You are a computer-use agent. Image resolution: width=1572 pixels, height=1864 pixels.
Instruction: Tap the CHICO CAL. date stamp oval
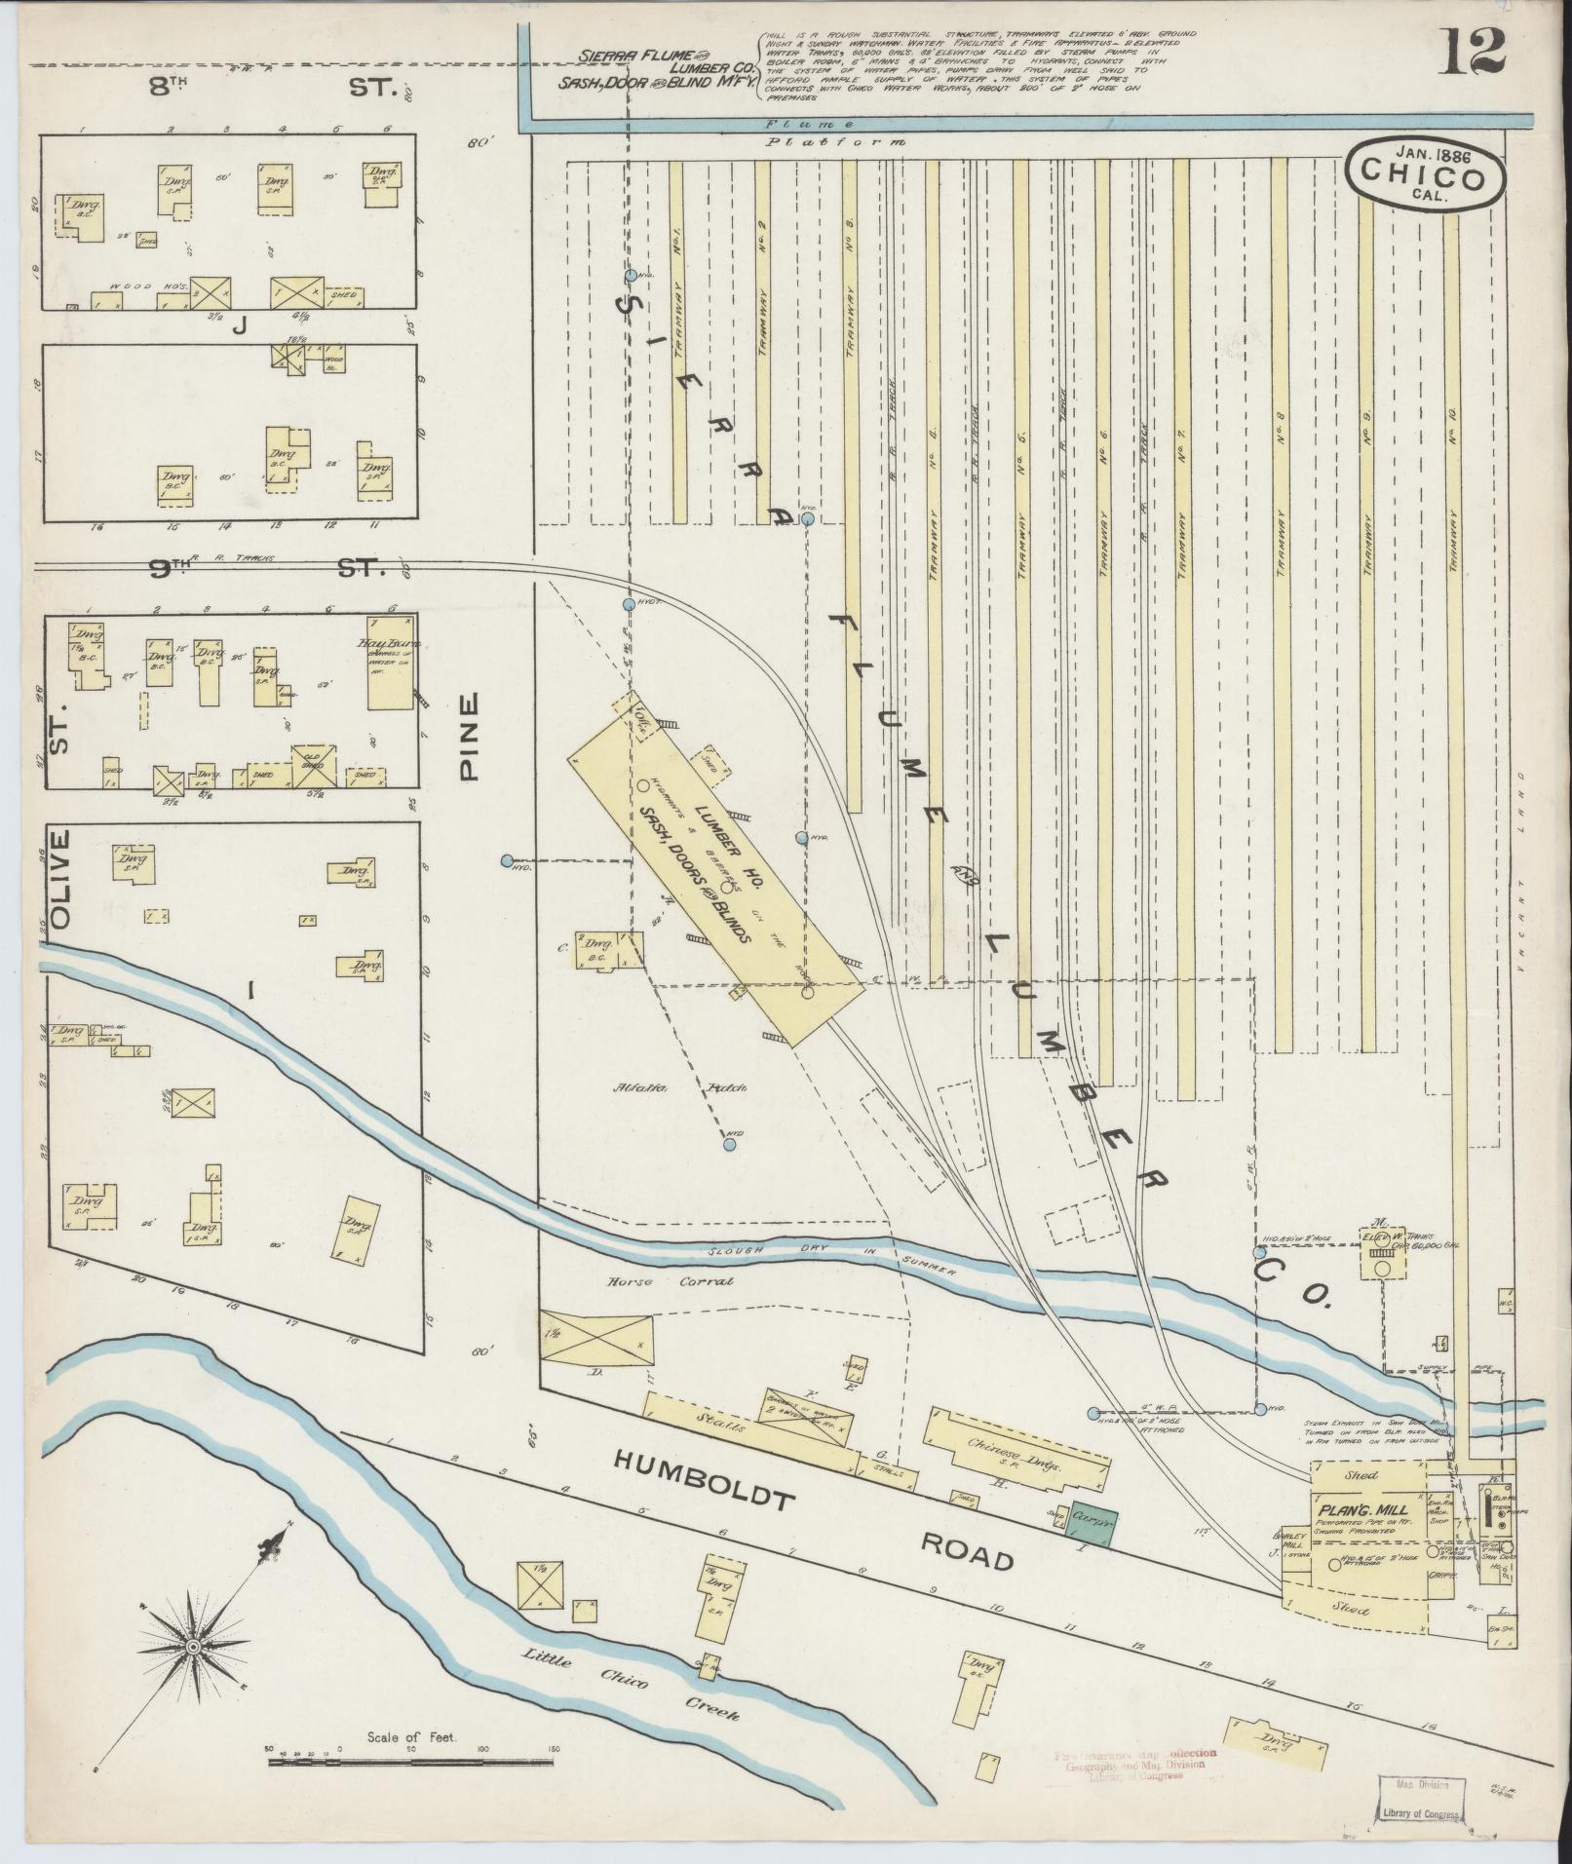point(1424,173)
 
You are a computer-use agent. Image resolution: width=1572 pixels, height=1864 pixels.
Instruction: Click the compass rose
point(194,1646)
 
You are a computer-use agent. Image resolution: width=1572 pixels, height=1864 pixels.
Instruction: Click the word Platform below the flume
point(836,142)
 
